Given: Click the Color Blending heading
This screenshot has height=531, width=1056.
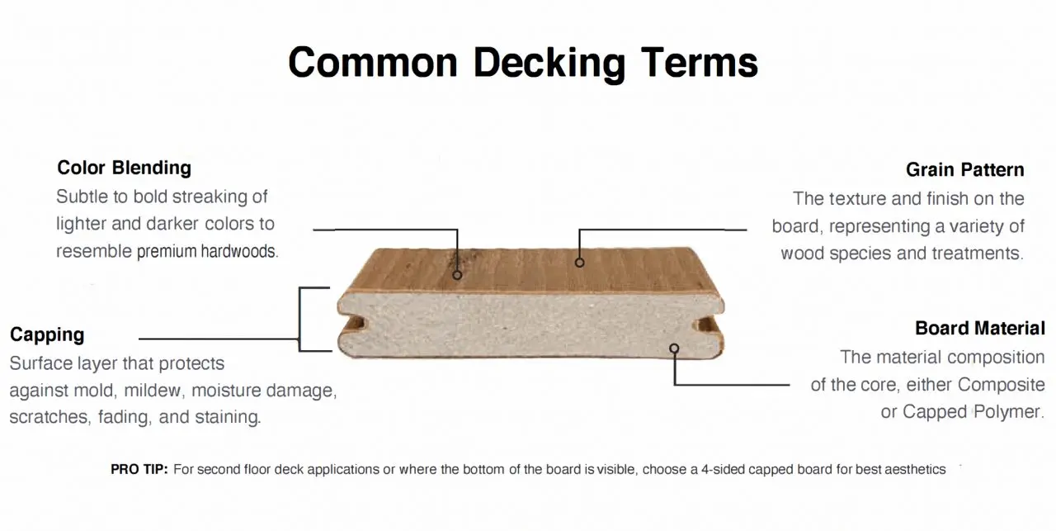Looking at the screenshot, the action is [124, 168].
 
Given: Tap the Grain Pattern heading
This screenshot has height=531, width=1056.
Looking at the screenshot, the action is [965, 169].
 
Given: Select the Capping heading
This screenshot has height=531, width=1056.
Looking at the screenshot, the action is [47, 334].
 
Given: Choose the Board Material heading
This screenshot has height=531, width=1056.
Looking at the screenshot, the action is [980, 328].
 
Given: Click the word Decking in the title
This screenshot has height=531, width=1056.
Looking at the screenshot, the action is [549, 64].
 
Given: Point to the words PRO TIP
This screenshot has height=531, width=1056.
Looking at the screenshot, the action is [139, 469].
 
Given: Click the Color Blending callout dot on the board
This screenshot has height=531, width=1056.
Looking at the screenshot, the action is [457, 275].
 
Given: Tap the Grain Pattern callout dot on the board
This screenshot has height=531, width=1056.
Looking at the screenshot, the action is [579, 263].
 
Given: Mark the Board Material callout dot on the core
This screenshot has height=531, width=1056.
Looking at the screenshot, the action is [674, 348].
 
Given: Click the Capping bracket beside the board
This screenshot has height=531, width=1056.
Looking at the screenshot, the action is [299, 319].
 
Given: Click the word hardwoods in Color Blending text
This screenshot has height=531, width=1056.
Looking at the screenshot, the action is [239, 251].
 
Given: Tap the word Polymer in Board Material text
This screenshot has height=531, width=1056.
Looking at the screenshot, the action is [1009, 412].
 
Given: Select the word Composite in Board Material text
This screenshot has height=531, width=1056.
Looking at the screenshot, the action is [1002, 385].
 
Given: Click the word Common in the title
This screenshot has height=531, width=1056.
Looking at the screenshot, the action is [373, 64].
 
